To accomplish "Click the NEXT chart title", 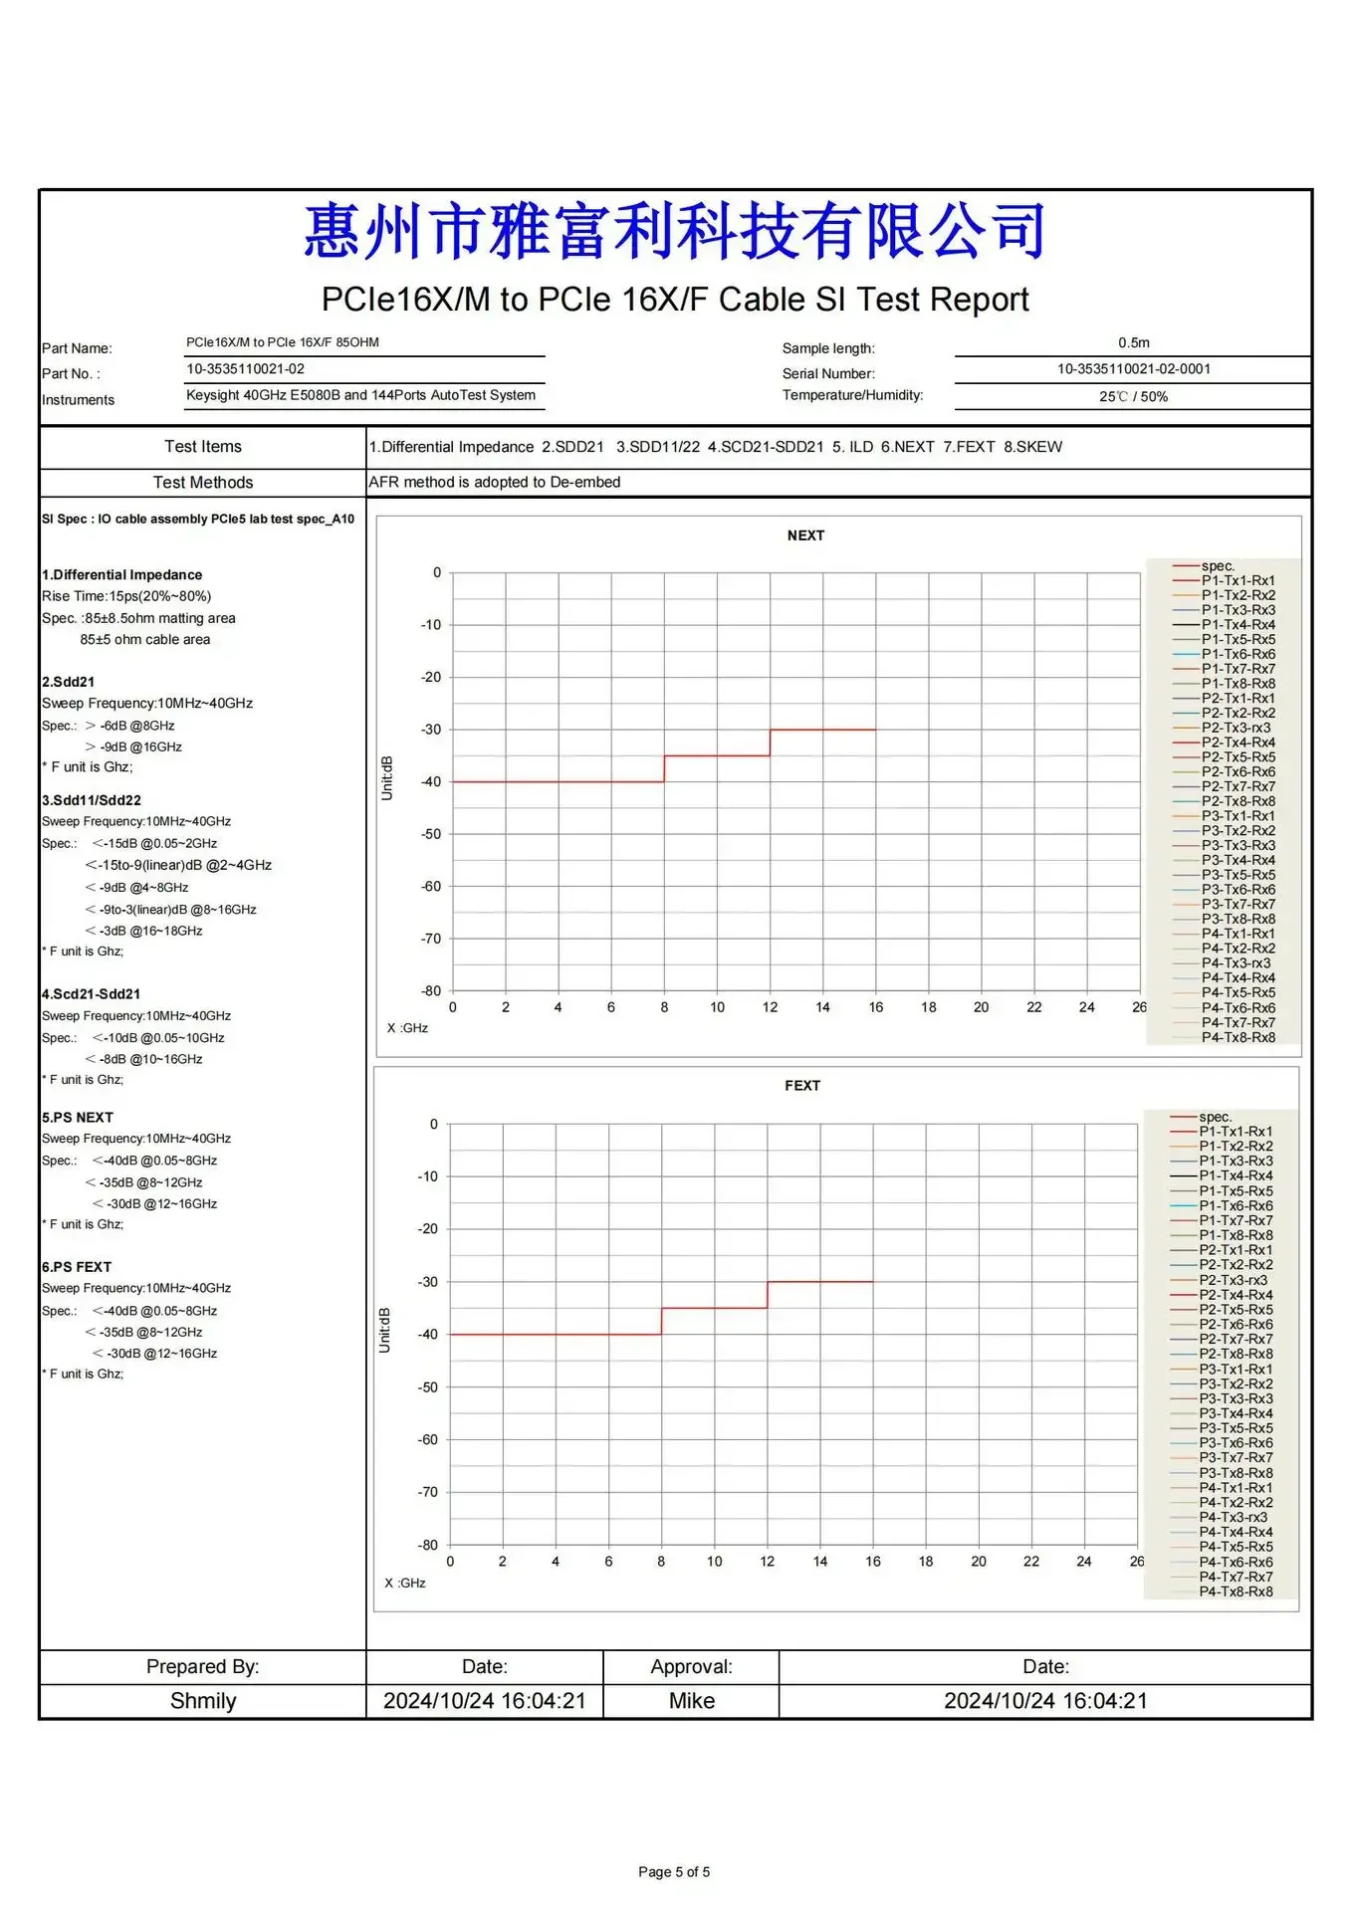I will tap(805, 535).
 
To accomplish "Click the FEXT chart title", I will tap(802, 1086).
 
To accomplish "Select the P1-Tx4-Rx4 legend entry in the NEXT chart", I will tap(1238, 625).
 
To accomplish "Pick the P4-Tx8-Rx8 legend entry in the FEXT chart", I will tap(1236, 1592).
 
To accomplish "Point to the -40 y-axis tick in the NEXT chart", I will tap(431, 782).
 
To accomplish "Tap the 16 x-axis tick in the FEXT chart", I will tap(873, 1562).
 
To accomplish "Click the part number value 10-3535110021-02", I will tap(246, 369).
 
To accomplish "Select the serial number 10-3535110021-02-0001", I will tap(1134, 369).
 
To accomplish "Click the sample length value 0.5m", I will tap(1134, 342).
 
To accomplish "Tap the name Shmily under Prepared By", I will tap(203, 1701).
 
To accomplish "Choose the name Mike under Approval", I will tap(692, 1701).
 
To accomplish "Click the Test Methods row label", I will tap(203, 483).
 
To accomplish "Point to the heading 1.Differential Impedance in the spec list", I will tap(122, 575).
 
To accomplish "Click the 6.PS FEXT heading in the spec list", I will tap(77, 1267).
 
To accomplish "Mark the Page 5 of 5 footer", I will tap(674, 1872).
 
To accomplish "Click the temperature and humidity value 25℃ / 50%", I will tap(1134, 397).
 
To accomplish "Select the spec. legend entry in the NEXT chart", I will tap(1218, 566).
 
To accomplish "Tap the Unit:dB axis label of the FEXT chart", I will tap(385, 1330).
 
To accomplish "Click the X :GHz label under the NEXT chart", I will tap(407, 1028).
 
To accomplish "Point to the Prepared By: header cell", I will tap(203, 1667).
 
